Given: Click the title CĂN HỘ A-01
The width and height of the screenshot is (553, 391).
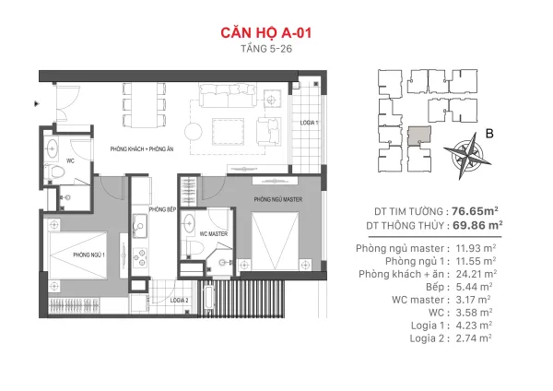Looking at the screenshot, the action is [266, 33].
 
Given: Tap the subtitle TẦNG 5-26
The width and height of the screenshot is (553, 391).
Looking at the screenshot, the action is [266, 49].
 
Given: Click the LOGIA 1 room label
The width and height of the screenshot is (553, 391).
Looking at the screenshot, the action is [309, 123].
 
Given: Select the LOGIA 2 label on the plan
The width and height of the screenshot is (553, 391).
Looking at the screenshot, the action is [179, 301].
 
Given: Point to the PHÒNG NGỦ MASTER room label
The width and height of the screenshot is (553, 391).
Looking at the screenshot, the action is [278, 200].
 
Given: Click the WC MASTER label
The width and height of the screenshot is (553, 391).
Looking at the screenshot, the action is [214, 234].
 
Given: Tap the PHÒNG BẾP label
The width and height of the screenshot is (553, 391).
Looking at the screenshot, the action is [162, 209].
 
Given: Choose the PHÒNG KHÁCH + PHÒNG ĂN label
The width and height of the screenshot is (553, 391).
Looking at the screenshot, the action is [142, 149].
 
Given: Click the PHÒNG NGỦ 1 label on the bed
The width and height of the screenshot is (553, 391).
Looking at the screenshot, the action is [88, 255].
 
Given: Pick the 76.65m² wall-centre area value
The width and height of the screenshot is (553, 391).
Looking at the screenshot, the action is [475, 211].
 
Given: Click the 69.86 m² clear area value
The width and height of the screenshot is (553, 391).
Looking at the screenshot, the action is [477, 225].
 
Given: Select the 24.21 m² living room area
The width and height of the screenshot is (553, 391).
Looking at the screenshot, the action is [477, 274].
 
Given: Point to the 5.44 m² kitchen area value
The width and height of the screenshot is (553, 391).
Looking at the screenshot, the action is [474, 287].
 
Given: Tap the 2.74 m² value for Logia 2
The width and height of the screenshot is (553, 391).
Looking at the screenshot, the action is [474, 338].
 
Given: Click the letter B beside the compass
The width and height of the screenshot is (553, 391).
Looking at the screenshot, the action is [489, 134].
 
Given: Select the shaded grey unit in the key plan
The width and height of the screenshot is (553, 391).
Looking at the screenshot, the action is [419, 136].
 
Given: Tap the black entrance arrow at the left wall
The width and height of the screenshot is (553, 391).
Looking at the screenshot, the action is [36, 104].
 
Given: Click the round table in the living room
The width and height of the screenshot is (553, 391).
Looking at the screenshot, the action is [194, 132].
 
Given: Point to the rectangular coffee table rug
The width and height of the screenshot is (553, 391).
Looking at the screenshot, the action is [229, 131].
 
